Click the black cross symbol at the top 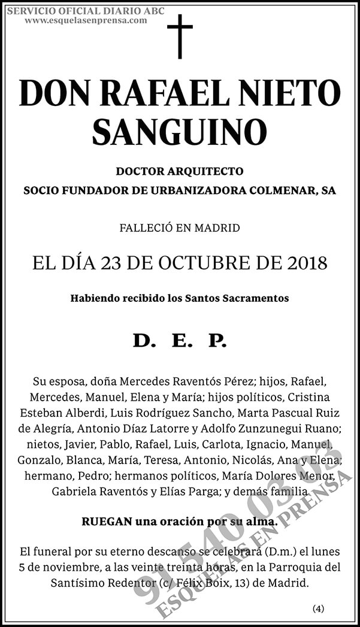180,36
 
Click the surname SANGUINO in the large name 180,131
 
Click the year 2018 307,263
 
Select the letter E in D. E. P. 179,342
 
